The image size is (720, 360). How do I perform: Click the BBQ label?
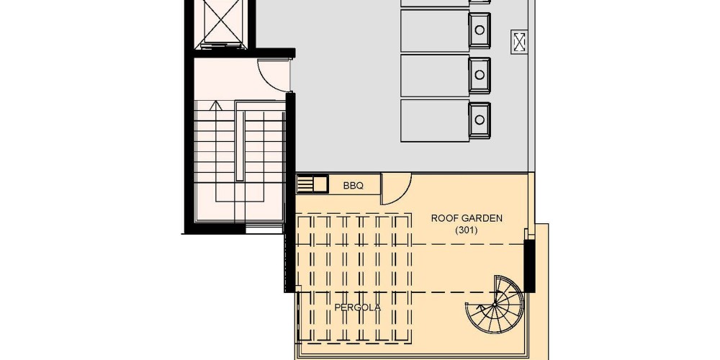pyautogui.click(x=353, y=186)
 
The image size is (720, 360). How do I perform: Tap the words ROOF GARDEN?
pyautogui.click(x=467, y=219)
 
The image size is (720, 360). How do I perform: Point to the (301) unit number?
pyautogui.click(x=467, y=231)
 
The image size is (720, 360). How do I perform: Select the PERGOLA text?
pyautogui.click(x=358, y=307)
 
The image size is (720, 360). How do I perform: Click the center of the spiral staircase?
pyautogui.click(x=495, y=305)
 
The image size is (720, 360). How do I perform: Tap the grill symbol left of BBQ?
pyautogui.click(x=311, y=184)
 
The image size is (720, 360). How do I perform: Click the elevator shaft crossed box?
pyautogui.click(x=222, y=22)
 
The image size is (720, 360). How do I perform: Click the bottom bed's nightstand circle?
pyautogui.click(x=479, y=120)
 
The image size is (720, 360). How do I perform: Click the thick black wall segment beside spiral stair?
pyautogui.click(x=529, y=266)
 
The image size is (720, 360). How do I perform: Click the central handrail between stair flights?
pyautogui.click(x=240, y=141)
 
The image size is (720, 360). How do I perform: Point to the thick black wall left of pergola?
pyautogui.click(x=289, y=192)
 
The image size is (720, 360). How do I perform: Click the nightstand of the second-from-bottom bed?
pyautogui.click(x=480, y=75)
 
